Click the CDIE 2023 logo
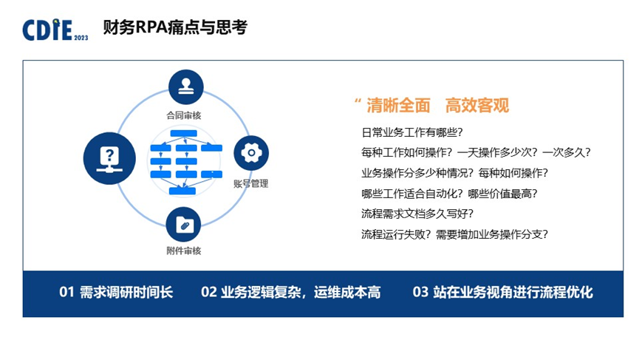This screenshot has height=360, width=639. [55, 30]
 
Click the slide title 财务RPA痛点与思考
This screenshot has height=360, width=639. [176, 29]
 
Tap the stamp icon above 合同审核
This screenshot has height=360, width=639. [185, 86]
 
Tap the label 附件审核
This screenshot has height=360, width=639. [184, 251]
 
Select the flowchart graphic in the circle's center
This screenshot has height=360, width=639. [185, 163]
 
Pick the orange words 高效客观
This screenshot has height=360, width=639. [477, 106]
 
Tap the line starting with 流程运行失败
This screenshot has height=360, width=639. [454, 235]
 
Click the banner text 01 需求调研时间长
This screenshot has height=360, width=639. [116, 293]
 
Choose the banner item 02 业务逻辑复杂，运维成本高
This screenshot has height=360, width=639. [290, 293]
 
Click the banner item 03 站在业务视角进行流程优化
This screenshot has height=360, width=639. [502, 293]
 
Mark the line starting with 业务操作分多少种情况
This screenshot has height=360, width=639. [454, 174]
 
